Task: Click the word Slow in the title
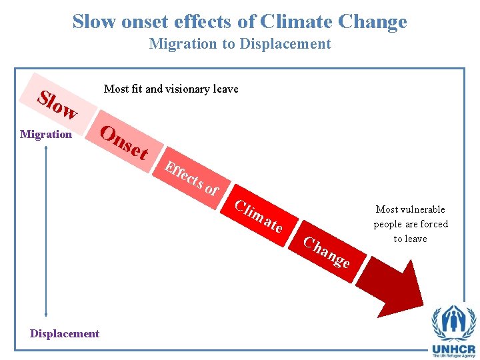coord(95,21)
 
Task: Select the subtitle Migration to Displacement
coord(240,44)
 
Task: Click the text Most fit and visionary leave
coord(171,89)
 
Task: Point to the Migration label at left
coord(46,134)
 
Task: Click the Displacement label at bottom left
coord(65,333)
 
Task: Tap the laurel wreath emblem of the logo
coord(453,322)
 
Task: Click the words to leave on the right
coord(410,239)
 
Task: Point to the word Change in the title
coord(372,21)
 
